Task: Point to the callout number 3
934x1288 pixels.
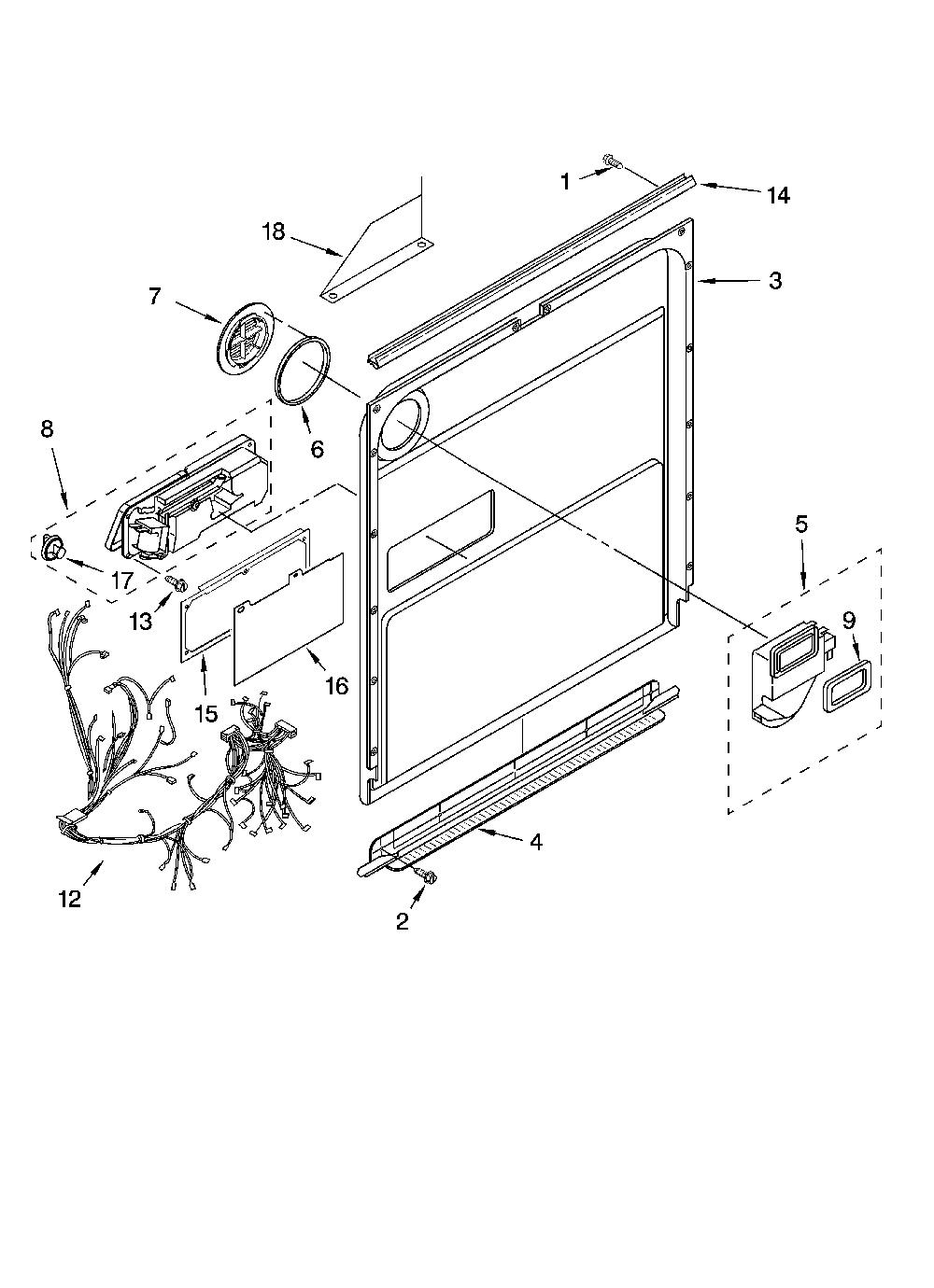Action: (x=775, y=281)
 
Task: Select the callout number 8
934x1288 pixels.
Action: (x=48, y=428)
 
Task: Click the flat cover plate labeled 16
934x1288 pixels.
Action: (x=289, y=619)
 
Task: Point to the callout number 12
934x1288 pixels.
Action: (x=69, y=900)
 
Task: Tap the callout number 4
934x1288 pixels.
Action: (x=536, y=843)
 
